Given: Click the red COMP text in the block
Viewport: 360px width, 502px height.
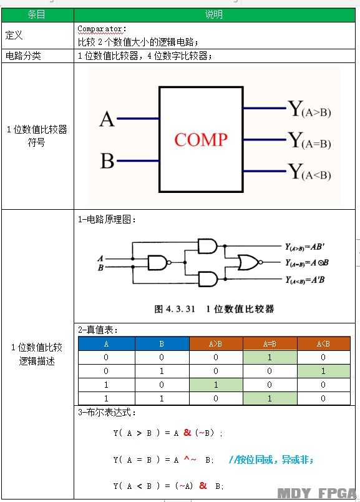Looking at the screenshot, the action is [201, 140].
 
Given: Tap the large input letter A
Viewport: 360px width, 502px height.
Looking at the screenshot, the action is [107, 119].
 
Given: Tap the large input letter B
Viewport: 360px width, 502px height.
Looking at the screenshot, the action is [107, 160].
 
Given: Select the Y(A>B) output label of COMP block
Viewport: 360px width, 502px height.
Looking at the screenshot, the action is [309, 109].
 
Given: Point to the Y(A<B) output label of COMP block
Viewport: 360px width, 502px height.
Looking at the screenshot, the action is [309, 172].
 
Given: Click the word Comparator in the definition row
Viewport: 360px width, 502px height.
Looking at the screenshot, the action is [102, 29].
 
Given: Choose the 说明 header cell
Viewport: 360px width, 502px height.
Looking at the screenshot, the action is [215, 15].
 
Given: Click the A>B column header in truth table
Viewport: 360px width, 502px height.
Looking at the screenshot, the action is [216, 344].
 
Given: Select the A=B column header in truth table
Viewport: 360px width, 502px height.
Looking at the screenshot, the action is [270, 344].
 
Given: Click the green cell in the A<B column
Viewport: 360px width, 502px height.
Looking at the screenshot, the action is [324, 371].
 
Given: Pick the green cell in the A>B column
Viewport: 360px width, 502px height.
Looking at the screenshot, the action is [216, 385].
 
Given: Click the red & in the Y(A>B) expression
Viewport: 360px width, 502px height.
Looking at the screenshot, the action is [187, 433].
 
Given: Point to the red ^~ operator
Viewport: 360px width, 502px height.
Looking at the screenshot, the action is [190, 459].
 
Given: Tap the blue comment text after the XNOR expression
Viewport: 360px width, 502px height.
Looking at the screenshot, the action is [271, 460].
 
